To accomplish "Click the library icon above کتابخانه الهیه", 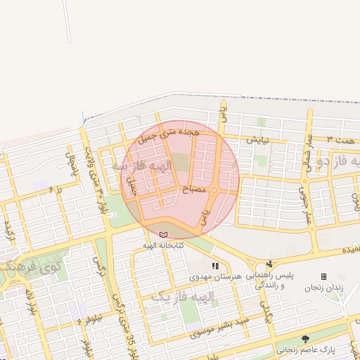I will tap(164, 234).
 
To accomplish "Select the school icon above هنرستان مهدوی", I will tap(215, 266).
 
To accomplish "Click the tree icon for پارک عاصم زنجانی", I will tap(304, 339).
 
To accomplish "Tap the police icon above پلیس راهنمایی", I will tap(269, 265).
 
